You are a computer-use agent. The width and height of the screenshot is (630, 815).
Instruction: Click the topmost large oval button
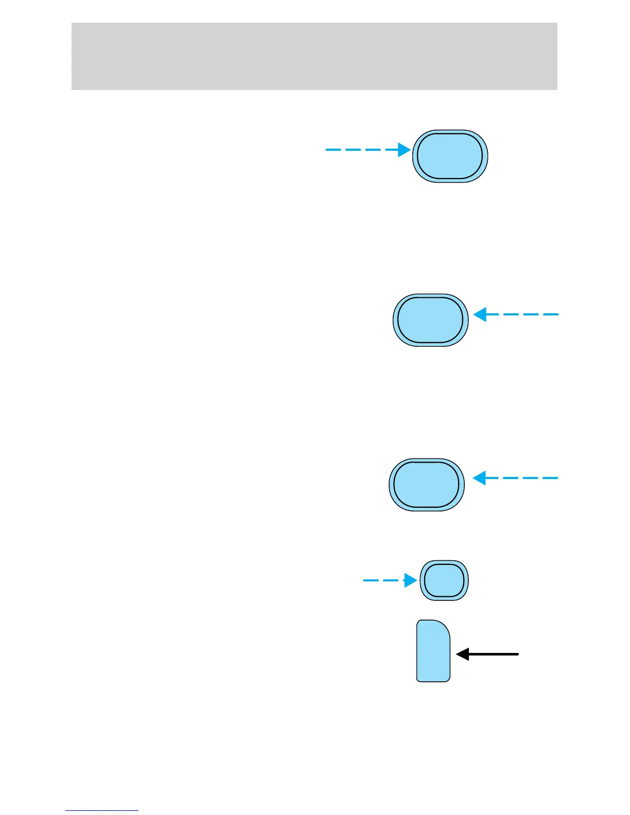pyautogui.click(x=450, y=156)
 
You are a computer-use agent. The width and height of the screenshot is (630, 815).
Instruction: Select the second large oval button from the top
pyautogui.click(x=430, y=320)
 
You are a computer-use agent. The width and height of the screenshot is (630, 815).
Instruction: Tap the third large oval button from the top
pyautogui.click(x=426, y=485)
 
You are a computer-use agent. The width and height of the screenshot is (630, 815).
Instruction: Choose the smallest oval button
pyautogui.click(x=444, y=580)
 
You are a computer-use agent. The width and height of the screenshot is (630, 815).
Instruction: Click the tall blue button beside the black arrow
pyautogui.click(x=433, y=651)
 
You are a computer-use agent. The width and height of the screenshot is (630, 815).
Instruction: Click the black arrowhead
pyautogui.click(x=462, y=654)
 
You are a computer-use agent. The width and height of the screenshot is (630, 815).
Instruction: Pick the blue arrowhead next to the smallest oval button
pyautogui.click(x=410, y=580)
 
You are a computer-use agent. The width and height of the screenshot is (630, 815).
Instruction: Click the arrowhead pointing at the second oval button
pyautogui.click(x=480, y=314)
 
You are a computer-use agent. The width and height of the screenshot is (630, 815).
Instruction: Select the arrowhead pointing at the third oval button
pyautogui.click(x=479, y=478)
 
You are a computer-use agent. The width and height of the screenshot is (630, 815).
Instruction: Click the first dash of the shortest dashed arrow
pyautogui.click(x=371, y=580)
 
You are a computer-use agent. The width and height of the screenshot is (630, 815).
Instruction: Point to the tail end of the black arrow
pyautogui.click(x=517, y=654)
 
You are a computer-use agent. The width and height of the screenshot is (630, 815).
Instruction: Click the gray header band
pyautogui.click(x=314, y=56)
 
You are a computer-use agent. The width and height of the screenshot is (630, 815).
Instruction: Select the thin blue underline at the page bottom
pyautogui.click(x=101, y=810)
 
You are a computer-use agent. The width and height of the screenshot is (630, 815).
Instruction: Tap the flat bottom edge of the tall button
pyautogui.click(x=433, y=681)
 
